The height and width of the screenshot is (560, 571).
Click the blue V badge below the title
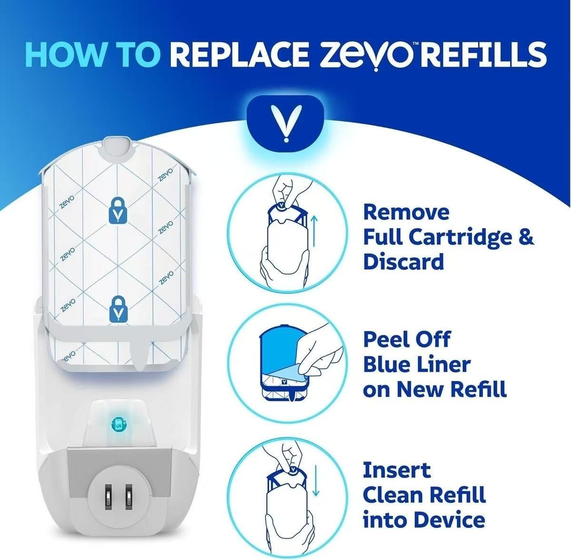(x=285, y=121)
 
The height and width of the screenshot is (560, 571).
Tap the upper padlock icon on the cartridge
(x=116, y=211)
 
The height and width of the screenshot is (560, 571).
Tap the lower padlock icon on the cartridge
(x=116, y=307)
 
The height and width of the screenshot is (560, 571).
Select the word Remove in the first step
(x=406, y=212)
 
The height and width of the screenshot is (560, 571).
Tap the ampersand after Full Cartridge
(x=525, y=237)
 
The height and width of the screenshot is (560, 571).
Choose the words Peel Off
(x=406, y=339)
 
